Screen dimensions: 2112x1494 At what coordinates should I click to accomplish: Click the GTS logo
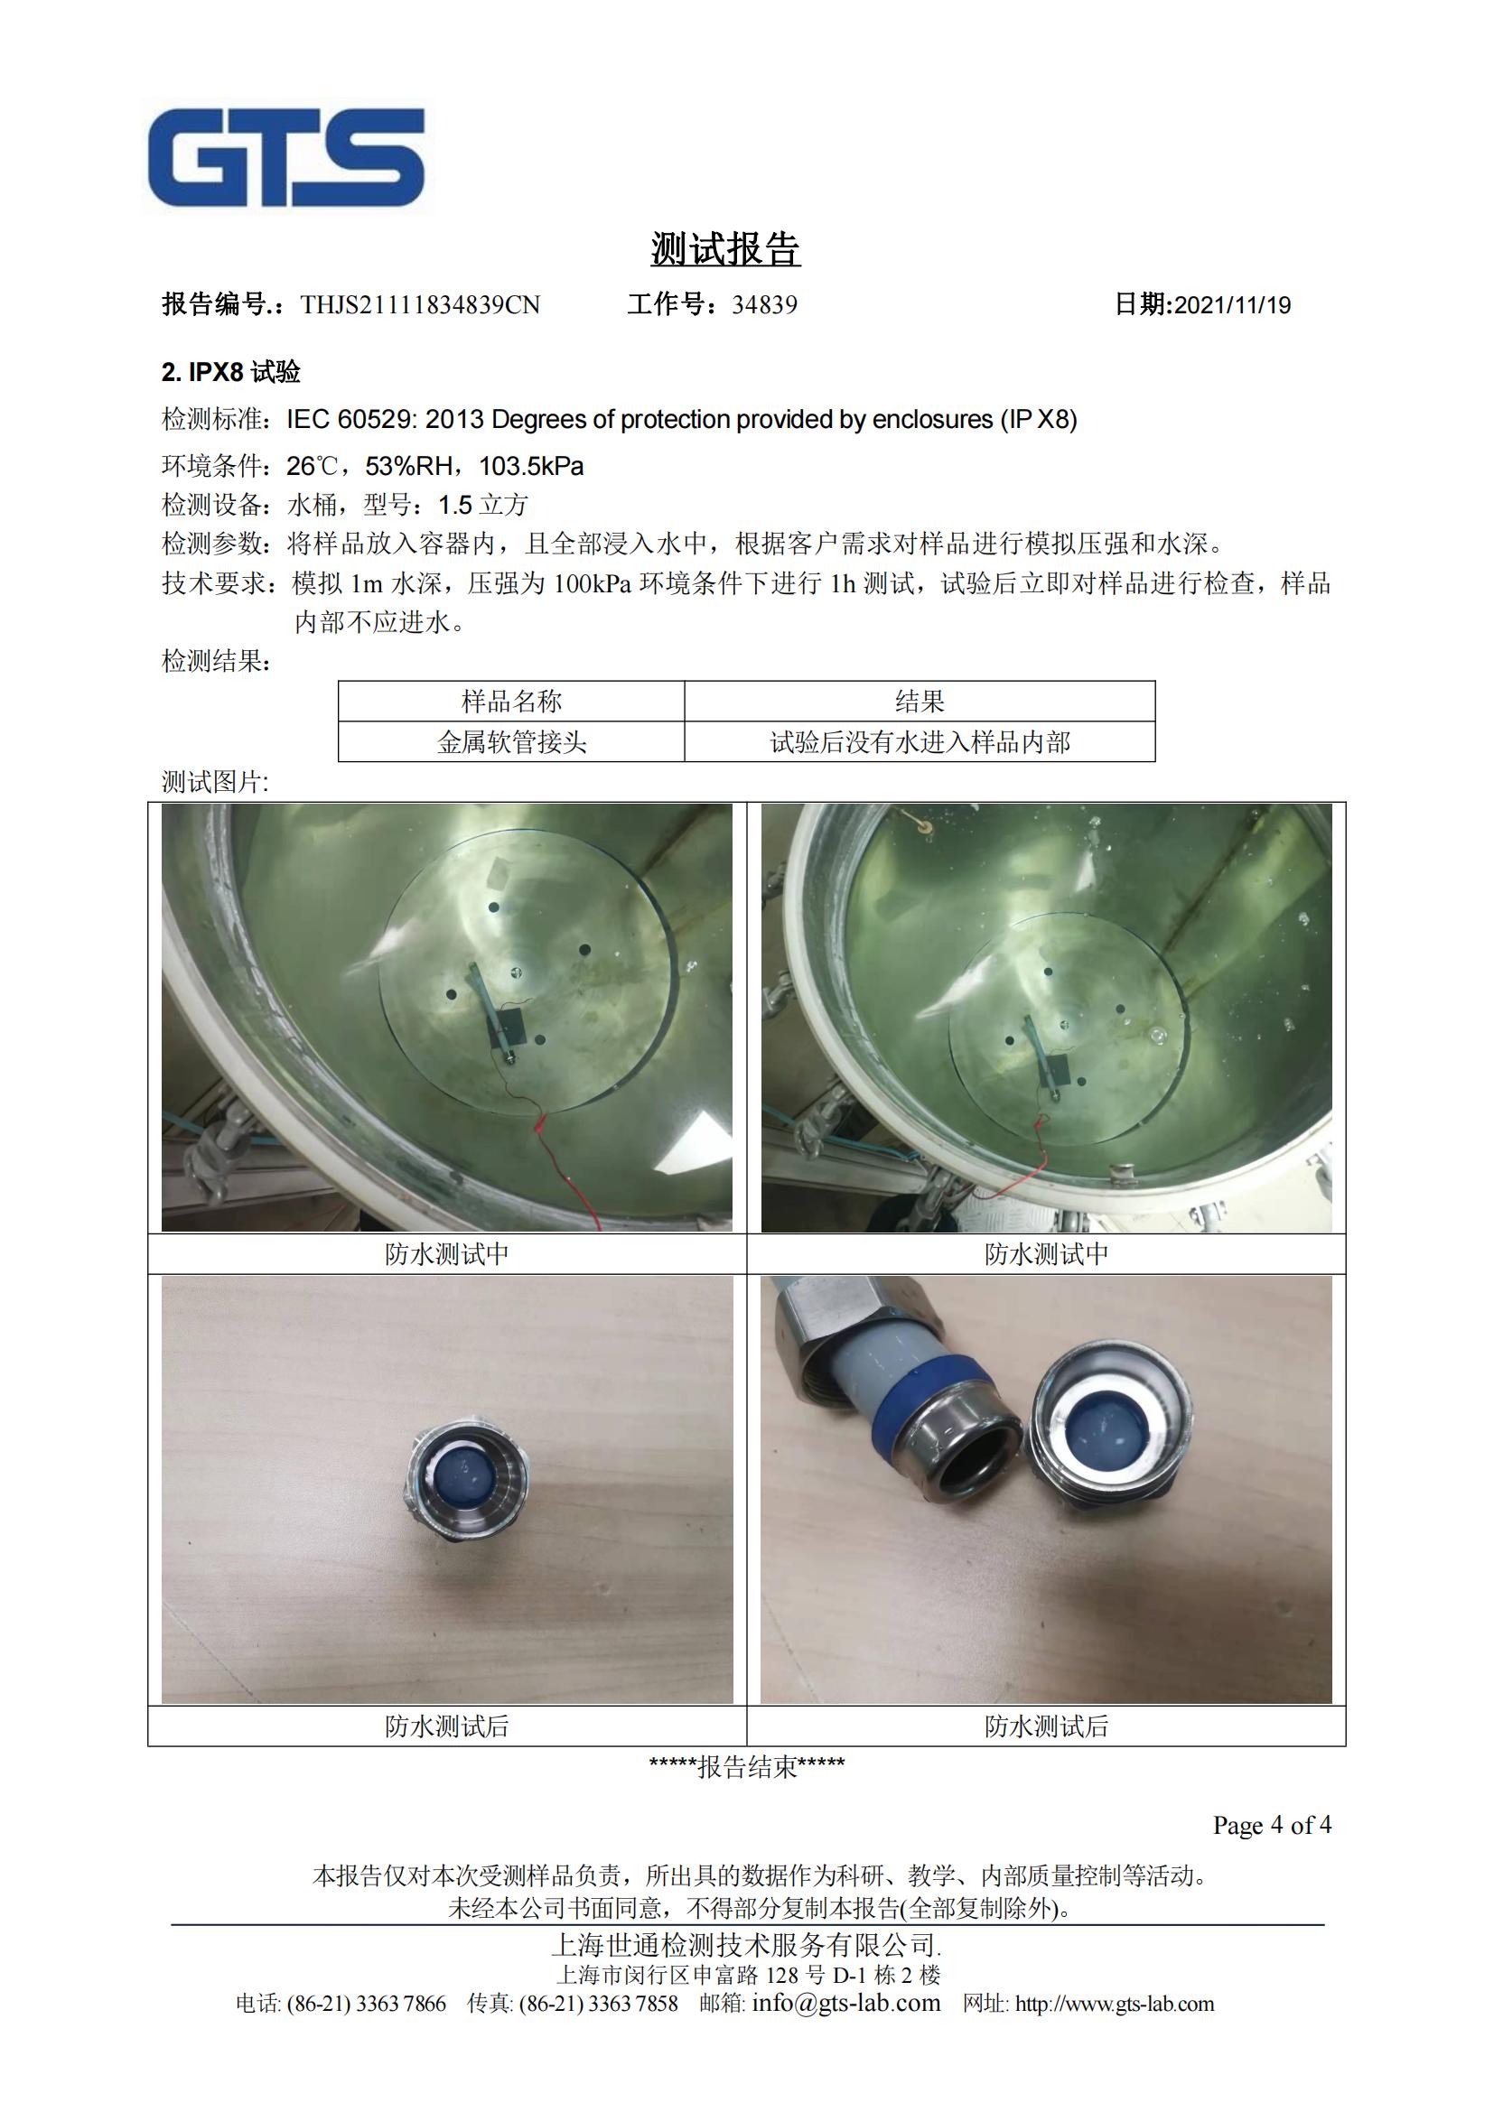click(286, 156)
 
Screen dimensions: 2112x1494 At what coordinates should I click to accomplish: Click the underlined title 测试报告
click(726, 249)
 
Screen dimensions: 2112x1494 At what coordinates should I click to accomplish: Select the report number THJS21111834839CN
click(420, 304)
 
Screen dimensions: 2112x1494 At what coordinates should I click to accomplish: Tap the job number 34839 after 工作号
click(764, 304)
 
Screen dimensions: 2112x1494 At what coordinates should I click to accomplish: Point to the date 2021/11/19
click(1233, 305)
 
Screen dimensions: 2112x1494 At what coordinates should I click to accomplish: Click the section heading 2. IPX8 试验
click(231, 373)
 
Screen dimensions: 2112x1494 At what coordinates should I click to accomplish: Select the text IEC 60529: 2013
click(386, 420)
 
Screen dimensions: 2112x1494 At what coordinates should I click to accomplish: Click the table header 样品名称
click(511, 701)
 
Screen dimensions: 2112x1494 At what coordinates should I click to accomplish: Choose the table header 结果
click(920, 701)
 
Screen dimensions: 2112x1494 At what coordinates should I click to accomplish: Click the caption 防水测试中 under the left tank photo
click(447, 1254)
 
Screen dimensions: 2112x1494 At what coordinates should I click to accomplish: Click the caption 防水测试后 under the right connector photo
click(1046, 1726)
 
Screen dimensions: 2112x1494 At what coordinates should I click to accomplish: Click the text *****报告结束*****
click(747, 1766)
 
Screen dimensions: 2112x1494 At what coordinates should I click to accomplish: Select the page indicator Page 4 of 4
click(1272, 1825)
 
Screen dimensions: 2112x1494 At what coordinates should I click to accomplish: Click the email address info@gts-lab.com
click(846, 2004)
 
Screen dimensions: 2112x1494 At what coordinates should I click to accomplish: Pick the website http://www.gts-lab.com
click(1114, 2005)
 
